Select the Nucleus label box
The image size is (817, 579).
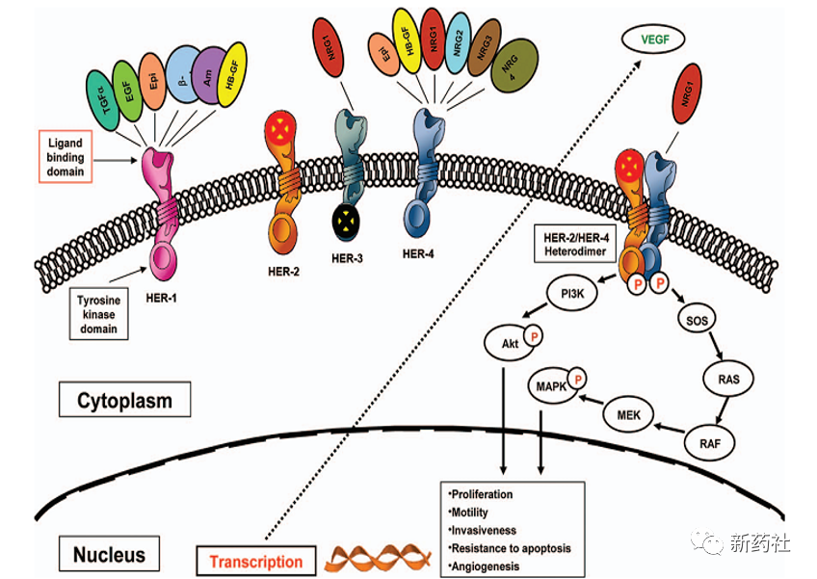tap(109, 553)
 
